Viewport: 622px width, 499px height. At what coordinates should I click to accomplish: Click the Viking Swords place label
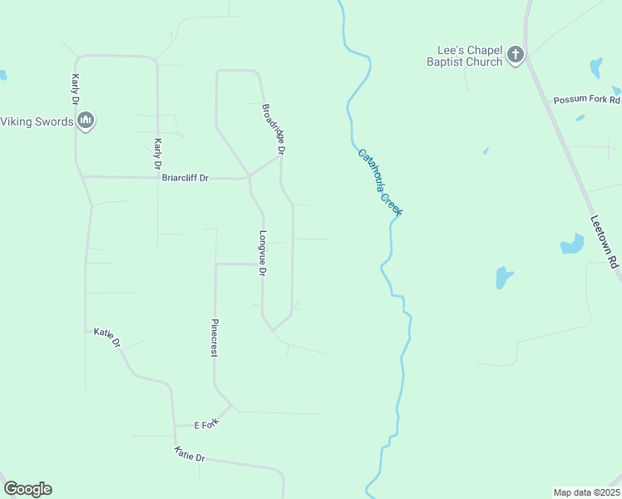pos(36,121)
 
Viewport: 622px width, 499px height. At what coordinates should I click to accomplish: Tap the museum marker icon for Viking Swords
pos(85,121)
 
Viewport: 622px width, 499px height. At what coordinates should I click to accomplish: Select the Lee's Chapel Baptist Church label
pos(465,56)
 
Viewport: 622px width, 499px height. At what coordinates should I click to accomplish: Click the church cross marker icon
pos(516,56)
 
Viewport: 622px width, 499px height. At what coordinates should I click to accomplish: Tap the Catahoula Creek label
pos(380,182)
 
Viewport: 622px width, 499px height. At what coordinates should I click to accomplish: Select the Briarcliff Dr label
pos(185,177)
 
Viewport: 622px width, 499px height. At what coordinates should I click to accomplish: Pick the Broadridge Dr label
pos(274,130)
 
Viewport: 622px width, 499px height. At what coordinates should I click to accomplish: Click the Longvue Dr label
pos(263,254)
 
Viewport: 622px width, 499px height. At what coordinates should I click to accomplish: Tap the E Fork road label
pos(205,425)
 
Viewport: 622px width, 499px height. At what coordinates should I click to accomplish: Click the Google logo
pos(27,489)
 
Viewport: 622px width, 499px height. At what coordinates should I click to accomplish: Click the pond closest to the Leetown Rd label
pos(572,244)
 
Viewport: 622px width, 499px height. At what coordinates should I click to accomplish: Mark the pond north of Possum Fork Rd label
pos(595,67)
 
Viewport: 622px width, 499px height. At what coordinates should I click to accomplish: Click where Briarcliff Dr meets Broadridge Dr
pos(249,176)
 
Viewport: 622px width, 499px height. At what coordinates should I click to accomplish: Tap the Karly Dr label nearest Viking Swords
pos(75,88)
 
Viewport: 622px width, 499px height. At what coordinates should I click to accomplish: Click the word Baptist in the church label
pos(446,62)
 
